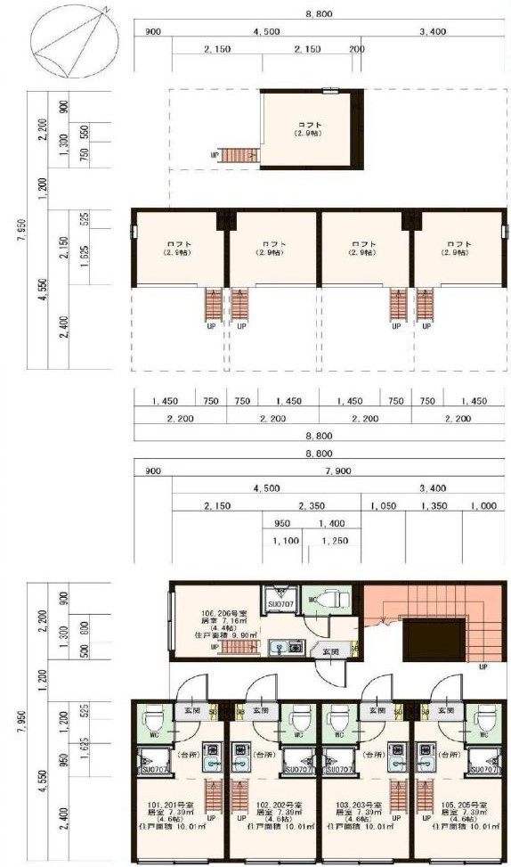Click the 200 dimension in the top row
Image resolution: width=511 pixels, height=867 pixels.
coord(356,49)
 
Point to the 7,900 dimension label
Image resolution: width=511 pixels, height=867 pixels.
coord(337,470)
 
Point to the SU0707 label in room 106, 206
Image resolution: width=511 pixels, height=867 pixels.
coord(281,604)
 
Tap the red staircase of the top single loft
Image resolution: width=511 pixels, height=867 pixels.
coord(238,156)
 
